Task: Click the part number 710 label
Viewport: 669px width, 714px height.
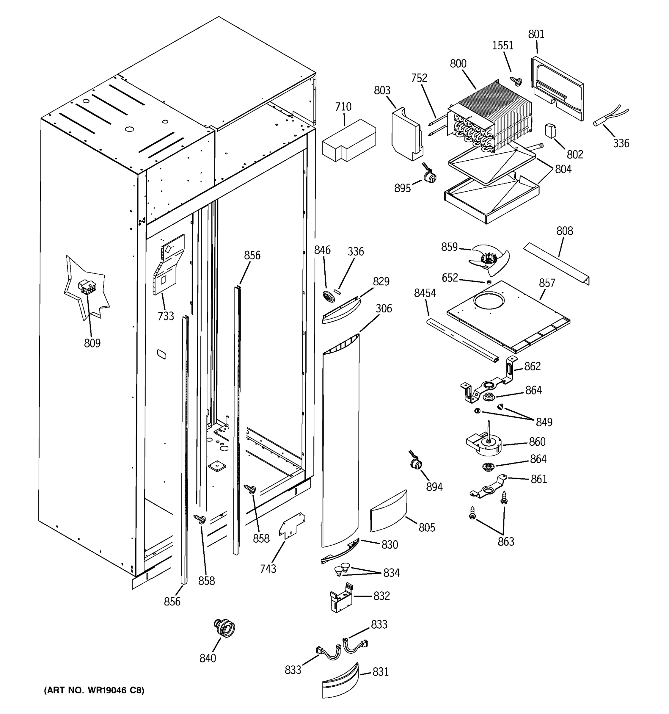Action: click(343, 107)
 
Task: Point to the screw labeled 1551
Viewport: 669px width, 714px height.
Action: click(517, 82)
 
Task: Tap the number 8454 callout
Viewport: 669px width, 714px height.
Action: click(425, 293)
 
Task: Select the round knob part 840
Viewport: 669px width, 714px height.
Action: click(225, 628)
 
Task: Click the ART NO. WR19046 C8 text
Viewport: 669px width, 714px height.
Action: click(94, 690)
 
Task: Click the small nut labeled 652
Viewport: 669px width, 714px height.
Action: click(489, 282)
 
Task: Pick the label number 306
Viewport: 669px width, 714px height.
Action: click(384, 309)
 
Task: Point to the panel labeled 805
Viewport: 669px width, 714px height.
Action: click(388, 511)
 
